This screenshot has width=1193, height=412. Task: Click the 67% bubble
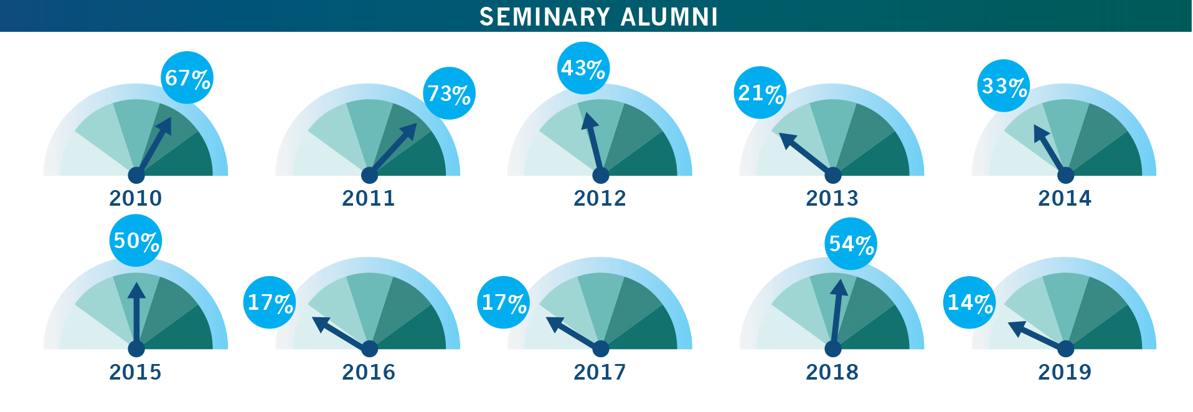(187, 78)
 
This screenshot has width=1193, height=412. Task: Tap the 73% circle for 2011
(449, 93)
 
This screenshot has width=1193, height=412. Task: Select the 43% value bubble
(583, 68)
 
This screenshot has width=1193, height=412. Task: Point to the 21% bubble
(760, 93)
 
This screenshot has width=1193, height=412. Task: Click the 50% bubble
(136, 241)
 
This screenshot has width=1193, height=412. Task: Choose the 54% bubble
(851, 244)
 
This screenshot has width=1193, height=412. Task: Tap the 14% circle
(970, 302)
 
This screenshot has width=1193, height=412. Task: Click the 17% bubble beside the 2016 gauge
(270, 302)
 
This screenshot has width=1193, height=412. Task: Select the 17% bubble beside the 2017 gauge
(504, 302)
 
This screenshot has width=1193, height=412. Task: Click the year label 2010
(136, 198)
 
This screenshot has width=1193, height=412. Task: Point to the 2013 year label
(832, 198)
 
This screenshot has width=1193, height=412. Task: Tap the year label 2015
(136, 372)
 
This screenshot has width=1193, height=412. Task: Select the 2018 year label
(832, 372)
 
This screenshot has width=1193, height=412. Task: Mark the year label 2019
(1065, 372)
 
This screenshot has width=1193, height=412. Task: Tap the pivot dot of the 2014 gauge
(1066, 176)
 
